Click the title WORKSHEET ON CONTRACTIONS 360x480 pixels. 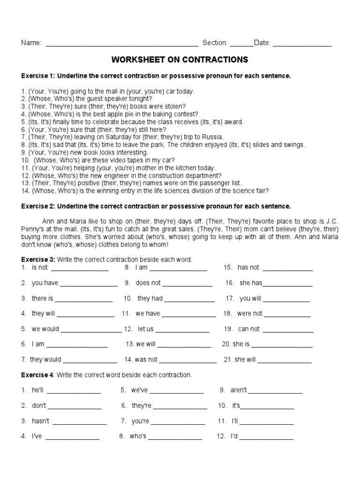pos(180,60)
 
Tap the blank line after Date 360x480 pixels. pos(302,45)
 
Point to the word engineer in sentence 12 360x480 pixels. pos(94,175)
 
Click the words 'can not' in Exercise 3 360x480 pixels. pos(248,329)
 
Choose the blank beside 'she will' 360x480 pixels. pos(285,361)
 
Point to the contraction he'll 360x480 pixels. pos(37,390)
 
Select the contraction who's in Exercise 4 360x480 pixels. pos(138,436)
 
